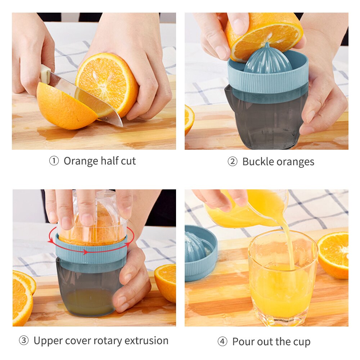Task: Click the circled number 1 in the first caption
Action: [54, 161]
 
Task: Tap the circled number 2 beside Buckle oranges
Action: [232, 162]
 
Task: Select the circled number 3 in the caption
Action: [23, 341]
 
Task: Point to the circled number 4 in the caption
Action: [222, 342]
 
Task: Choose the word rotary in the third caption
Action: [116, 341]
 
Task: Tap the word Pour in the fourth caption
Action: [244, 342]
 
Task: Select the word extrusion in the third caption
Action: [150, 341]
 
